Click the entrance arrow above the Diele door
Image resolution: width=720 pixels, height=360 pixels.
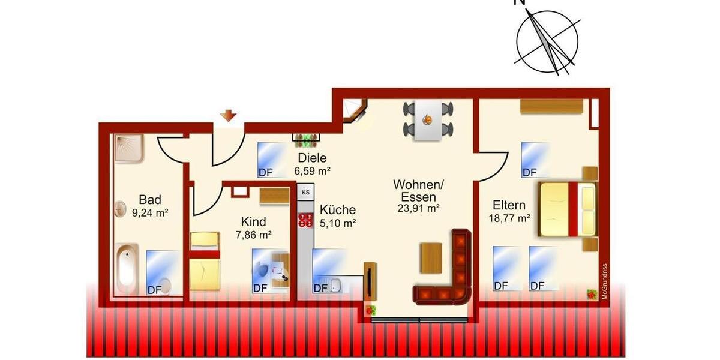[x=228, y=115]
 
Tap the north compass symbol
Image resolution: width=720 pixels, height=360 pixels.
[x=547, y=42]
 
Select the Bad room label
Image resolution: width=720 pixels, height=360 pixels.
[x=150, y=200]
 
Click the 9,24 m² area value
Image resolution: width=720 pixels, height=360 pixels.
[x=150, y=212]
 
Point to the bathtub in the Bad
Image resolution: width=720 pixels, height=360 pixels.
[x=127, y=267]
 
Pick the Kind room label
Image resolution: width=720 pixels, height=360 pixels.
[x=253, y=222]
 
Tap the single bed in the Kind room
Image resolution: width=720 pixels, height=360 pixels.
[x=205, y=261]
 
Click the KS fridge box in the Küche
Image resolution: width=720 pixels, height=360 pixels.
[x=305, y=193]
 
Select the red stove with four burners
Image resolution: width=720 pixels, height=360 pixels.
[x=305, y=220]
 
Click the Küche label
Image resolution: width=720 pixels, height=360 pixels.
[x=337, y=210]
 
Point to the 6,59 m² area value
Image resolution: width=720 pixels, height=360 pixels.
[x=312, y=170]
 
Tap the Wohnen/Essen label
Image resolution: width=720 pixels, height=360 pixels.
[x=418, y=190]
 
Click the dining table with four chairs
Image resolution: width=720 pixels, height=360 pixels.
[x=429, y=121]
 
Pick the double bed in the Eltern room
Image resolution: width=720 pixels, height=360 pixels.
[x=568, y=209]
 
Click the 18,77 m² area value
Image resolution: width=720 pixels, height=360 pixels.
[x=509, y=218]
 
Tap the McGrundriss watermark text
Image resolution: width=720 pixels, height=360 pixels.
[x=605, y=282]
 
